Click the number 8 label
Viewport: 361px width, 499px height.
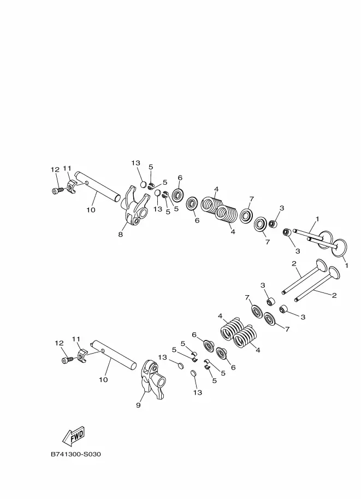tap(120, 234)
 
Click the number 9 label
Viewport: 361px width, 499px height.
tap(138, 405)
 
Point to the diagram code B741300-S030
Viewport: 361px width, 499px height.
tap(76, 454)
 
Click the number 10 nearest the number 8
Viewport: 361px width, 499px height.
tap(91, 210)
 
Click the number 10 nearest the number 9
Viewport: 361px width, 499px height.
tap(103, 380)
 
